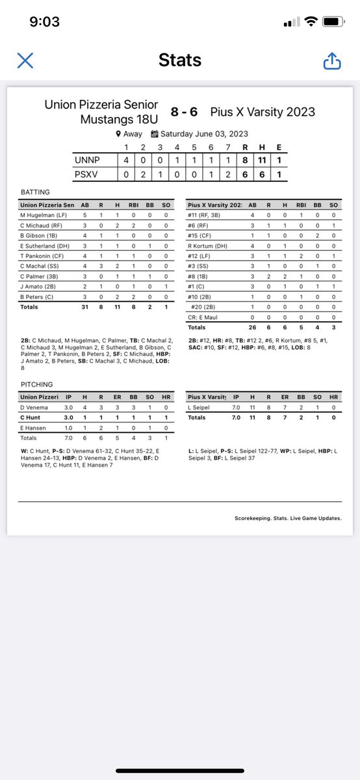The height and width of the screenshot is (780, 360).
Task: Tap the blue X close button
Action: pyautogui.click(x=25, y=60)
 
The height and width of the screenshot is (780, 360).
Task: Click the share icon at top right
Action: pyautogui.click(x=331, y=60)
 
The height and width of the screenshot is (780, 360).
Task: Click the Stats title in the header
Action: pyautogui.click(x=179, y=60)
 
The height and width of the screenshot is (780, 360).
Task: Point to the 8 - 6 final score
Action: pyautogui.click(x=184, y=112)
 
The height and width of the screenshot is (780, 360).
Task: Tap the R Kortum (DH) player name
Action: pyautogui.click(x=209, y=245)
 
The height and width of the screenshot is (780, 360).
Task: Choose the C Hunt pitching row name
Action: pyautogui.click(x=31, y=417)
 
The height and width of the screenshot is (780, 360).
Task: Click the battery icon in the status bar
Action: pyautogui.click(x=332, y=21)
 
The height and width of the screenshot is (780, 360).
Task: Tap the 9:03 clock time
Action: pyautogui.click(x=45, y=22)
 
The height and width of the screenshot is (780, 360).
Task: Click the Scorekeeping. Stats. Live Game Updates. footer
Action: pyautogui.click(x=288, y=518)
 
